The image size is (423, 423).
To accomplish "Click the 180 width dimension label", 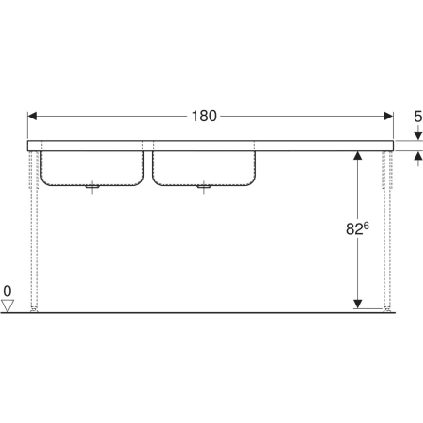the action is coord(204,116).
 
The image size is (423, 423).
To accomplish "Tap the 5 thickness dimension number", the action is coord(418,117).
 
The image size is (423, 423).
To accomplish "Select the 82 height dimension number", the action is coord(354,229).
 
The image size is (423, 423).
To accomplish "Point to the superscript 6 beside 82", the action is coord(367,226).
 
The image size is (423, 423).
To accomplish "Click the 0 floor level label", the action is coord(8,291).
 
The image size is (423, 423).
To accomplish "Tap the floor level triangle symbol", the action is coord(8,305).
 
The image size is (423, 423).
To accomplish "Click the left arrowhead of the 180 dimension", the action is coord(32,116).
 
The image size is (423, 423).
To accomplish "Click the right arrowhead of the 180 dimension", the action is coord(388,116).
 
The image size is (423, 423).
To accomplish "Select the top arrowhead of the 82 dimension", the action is coord(357,155).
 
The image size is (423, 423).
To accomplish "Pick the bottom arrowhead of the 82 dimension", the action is coord(357,304).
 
